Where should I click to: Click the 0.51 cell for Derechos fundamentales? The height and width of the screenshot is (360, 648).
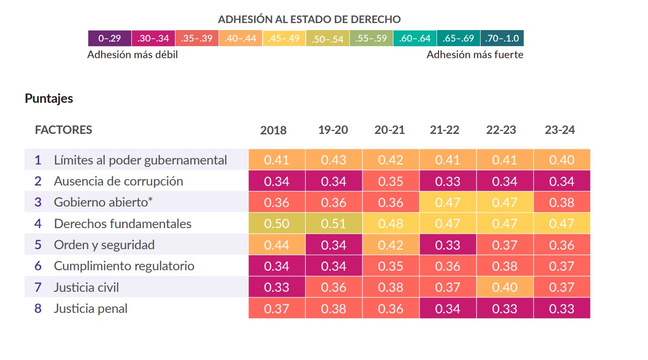[x=334, y=224]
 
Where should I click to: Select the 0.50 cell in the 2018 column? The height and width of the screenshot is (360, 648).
[x=277, y=224]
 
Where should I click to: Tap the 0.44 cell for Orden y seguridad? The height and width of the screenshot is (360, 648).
[x=277, y=245]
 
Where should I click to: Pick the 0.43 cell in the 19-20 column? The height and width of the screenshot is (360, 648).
[x=334, y=160]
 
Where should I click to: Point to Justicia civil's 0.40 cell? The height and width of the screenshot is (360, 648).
[x=505, y=287]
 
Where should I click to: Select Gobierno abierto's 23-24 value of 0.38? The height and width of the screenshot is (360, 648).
[x=562, y=203]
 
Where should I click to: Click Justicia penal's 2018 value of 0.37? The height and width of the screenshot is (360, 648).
[x=277, y=308]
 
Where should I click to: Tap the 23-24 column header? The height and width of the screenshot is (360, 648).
[x=560, y=130]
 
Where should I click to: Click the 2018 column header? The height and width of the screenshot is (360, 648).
[x=273, y=130]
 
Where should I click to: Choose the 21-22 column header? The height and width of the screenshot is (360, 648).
[x=445, y=130]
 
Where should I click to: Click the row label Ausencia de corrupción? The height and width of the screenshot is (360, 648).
[x=118, y=182]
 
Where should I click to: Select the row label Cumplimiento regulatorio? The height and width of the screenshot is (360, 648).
[x=124, y=266]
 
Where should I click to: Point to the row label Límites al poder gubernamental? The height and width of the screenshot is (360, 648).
[x=140, y=160]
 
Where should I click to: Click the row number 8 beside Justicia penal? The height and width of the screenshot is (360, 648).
[x=38, y=308]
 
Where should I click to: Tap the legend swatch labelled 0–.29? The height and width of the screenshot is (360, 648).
[x=110, y=38]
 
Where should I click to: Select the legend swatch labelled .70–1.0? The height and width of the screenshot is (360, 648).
[x=502, y=38]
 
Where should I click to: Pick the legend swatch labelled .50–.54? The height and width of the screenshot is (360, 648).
[x=327, y=39]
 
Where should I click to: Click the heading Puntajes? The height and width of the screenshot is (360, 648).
[x=49, y=98]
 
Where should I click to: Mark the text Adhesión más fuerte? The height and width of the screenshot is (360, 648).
[x=475, y=55]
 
